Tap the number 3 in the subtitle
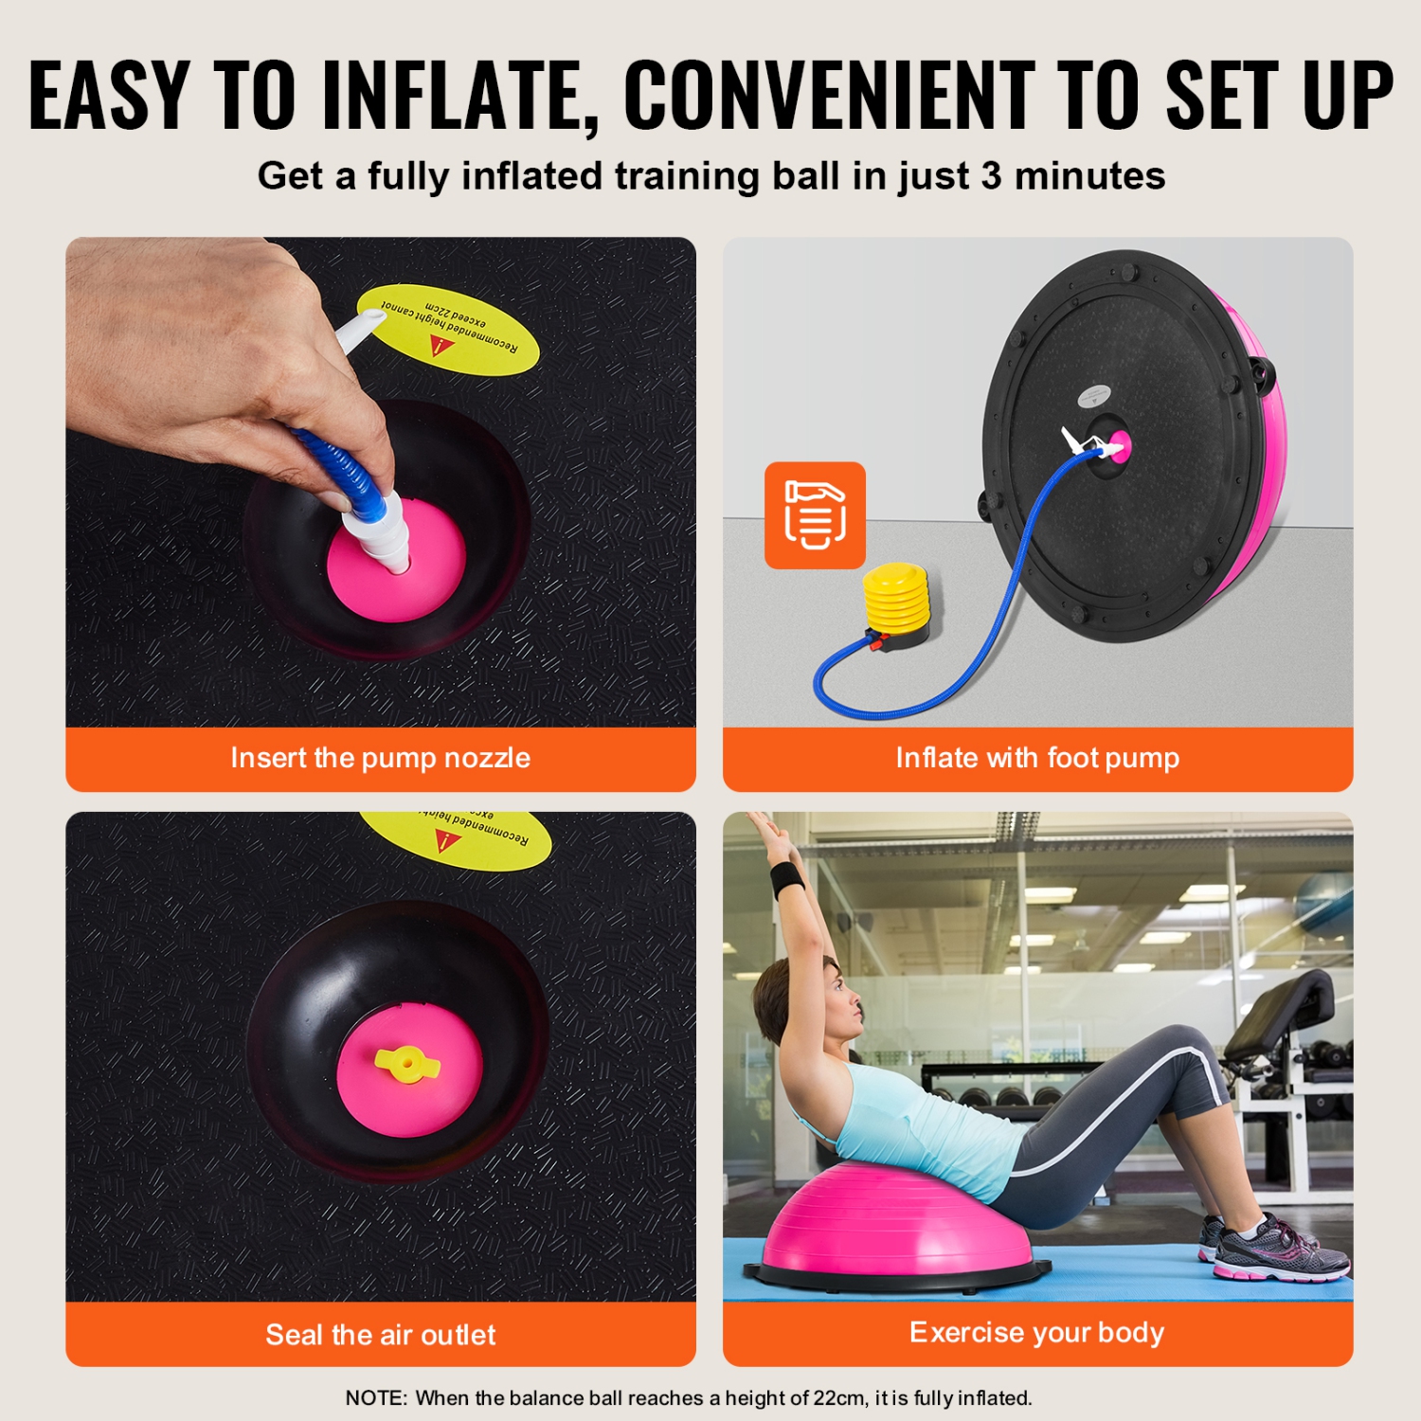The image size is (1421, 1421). tap(991, 176)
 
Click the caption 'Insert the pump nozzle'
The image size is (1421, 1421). tap(380, 758)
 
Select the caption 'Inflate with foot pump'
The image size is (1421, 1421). tap(1037, 758)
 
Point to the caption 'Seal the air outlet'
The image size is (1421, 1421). tap(380, 1335)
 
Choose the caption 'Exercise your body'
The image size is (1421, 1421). tap(1036, 1333)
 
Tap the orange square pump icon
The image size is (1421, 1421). tap(815, 515)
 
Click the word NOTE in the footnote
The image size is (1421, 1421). tap(375, 1398)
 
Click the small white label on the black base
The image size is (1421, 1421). tap(1094, 395)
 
